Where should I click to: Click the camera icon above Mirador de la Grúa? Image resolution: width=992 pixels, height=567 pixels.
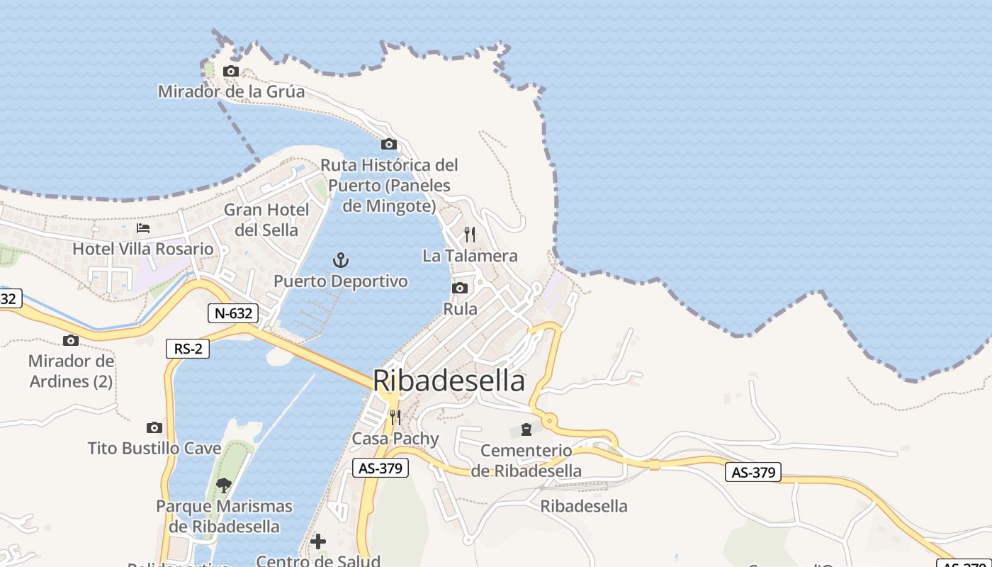[x=231, y=71]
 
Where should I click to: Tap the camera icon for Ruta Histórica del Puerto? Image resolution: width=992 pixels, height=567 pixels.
[x=389, y=145]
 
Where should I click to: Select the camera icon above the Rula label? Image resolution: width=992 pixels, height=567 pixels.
[x=460, y=288]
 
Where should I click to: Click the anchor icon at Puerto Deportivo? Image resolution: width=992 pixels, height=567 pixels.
[x=341, y=260]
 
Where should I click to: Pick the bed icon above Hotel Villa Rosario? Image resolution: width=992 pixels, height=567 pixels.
[x=143, y=228]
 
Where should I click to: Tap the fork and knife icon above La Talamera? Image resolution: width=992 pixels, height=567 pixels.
[x=470, y=234]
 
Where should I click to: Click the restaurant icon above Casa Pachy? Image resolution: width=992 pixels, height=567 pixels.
[x=395, y=417]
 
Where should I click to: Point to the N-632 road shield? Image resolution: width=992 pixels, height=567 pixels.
[x=232, y=313]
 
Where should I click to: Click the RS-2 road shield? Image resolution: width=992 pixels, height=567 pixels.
[x=187, y=349]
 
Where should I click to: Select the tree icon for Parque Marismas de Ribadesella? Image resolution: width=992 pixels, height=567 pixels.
[x=224, y=485]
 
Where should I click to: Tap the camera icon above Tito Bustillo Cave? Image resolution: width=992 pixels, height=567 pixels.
[x=154, y=427]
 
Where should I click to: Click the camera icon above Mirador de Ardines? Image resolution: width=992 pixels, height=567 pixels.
[x=71, y=340]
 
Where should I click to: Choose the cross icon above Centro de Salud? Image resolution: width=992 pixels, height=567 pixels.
[x=318, y=541]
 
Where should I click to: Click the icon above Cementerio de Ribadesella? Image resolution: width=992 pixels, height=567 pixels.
[x=526, y=430]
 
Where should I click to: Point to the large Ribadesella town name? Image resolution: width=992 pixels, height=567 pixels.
[x=449, y=381]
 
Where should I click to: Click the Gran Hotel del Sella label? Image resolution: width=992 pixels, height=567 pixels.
[x=266, y=220]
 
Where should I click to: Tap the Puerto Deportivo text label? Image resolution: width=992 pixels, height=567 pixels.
[x=341, y=281]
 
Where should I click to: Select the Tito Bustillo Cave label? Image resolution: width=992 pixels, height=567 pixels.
[x=154, y=448]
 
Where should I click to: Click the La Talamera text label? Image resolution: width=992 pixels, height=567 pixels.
[x=470, y=256]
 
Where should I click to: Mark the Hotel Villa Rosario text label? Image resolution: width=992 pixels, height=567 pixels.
[x=143, y=249]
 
